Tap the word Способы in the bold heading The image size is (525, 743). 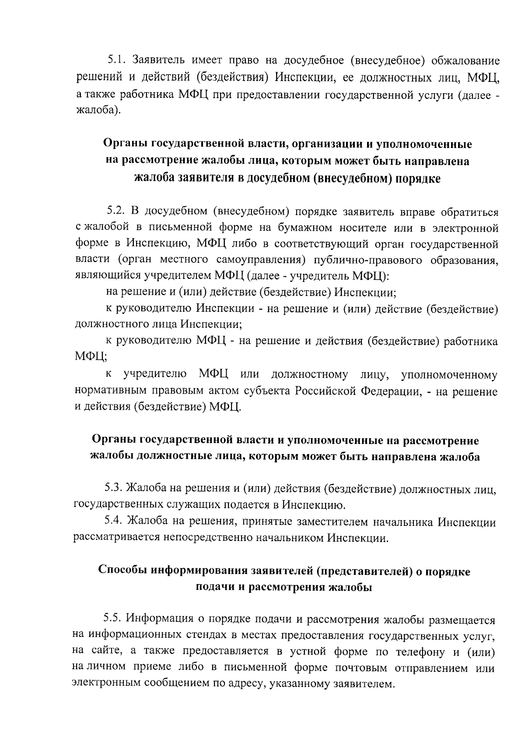coord(122,571)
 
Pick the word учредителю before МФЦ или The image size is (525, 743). coord(155,375)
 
